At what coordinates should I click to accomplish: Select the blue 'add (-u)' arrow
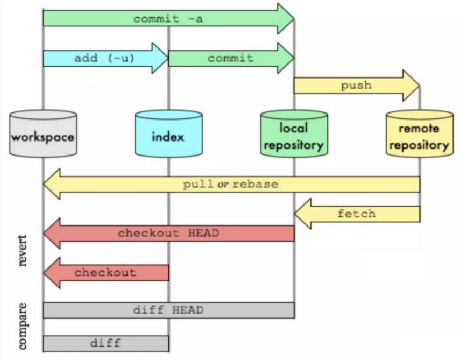tap(104, 58)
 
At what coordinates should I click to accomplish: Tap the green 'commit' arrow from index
tap(230, 58)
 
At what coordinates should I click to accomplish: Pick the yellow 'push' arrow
tap(356, 85)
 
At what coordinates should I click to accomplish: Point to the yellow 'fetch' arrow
tap(357, 214)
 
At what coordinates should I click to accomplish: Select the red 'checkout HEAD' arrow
tap(168, 234)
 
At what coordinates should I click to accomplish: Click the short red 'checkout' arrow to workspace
tap(105, 272)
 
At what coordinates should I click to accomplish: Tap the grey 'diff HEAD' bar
tap(168, 310)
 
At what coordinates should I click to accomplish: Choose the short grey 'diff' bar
tap(105, 343)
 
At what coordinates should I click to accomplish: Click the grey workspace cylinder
tap(43, 135)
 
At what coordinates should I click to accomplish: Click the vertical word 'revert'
tap(23, 251)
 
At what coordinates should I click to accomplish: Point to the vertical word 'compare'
tap(23, 326)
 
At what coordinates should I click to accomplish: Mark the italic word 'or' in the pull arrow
tap(223, 184)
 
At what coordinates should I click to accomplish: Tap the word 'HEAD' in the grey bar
tap(188, 310)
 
